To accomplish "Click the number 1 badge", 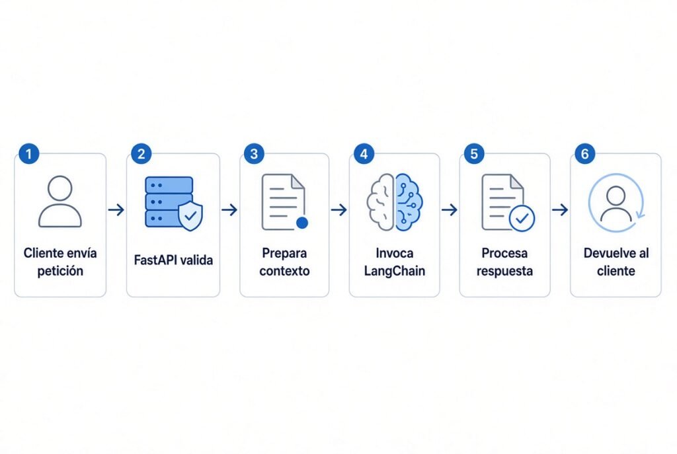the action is point(29,153).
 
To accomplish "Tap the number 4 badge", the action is point(364,153).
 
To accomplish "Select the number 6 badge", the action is point(585,153).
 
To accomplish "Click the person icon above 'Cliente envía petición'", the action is point(60,201).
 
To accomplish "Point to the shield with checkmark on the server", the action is point(190,215).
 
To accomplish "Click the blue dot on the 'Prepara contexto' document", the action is point(302,223).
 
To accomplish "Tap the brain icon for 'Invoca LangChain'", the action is point(395,202).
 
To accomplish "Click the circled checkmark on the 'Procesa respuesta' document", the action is point(522,218).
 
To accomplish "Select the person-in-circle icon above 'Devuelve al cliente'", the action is point(616,203).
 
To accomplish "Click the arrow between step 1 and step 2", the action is point(116,210).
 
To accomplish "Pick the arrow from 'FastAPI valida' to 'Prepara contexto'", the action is point(229,210).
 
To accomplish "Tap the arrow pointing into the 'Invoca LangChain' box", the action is point(339,210).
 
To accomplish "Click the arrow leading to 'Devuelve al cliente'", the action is point(560,210).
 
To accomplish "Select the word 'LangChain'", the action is point(395,271).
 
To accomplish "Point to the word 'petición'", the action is point(60,271).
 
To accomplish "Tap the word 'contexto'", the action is point(284,271).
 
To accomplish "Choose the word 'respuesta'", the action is point(504,272).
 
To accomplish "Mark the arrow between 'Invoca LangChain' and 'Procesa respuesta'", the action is point(450,210).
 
